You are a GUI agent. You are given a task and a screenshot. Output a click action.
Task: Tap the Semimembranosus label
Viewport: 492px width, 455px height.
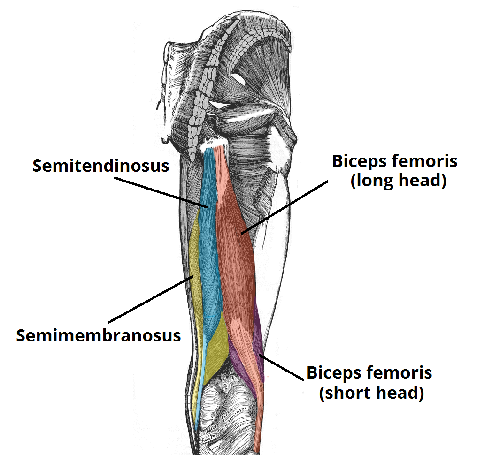(99, 335)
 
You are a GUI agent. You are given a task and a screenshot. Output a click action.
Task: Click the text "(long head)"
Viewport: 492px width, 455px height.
(398, 180)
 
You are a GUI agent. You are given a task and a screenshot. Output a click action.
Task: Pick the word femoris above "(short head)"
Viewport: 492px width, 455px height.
(400, 373)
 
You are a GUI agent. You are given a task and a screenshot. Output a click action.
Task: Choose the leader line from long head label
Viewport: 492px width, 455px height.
(282, 206)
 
